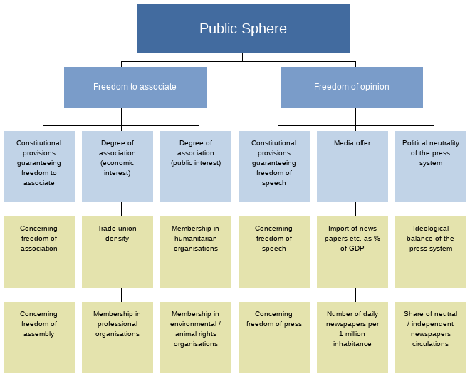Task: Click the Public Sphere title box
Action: tap(243, 28)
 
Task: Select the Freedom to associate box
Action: tap(135, 87)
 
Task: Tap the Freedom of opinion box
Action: tap(351, 87)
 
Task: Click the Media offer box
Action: tap(352, 166)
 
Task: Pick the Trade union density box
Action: tap(117, 251)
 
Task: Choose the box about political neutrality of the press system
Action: tap(430, 166)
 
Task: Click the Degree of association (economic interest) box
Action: tap(117, 166)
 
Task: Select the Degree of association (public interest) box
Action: tap(195, 166)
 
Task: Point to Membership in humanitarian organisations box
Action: tap(195, 251)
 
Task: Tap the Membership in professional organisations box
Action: tap(117, 337)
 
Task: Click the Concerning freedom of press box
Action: tap(273, 337)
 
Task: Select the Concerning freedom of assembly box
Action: tap(38, 337)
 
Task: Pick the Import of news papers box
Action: tap(352, 251)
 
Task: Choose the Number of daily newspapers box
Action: tap(352, 337)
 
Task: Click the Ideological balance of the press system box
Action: tap(430, 251)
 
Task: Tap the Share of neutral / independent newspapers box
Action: tap(430, 337)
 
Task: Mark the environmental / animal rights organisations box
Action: tap(195, 337)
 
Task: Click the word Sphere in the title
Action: tap(263, 29)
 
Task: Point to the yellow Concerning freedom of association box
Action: tap(38, 251)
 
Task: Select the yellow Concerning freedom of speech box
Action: tap(273, 251)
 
